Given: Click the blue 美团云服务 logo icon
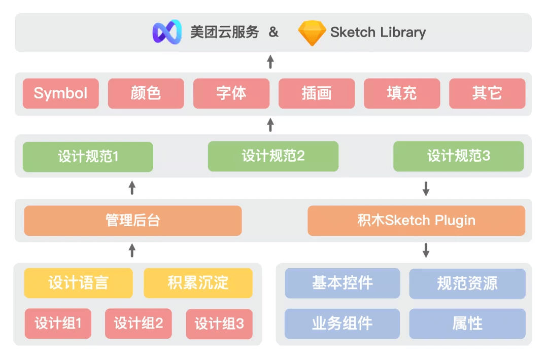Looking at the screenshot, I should (167, 32).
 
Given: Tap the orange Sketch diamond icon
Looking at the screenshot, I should (312, 33).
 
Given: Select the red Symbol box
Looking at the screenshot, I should (61, 93).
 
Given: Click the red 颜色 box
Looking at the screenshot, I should (146, 93).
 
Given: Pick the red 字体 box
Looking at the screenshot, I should (231, 93).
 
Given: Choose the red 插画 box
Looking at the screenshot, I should (317, 93).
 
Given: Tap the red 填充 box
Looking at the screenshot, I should (402, 93).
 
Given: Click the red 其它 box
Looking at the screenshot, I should (487, 93).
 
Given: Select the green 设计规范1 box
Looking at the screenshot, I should (88, 156).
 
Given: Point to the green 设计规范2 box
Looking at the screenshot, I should (273, 156).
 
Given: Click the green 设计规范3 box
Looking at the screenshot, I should (458, 156).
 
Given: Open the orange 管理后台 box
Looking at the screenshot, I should (133, 221).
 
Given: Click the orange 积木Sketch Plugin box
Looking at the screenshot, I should (416, 221).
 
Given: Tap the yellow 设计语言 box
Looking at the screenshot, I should (79, 283).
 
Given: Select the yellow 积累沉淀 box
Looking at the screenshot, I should (198, 283).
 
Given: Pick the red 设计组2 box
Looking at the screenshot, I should (139, 323).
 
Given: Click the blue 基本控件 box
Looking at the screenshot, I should (342, 283).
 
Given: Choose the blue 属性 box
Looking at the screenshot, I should (467, 323).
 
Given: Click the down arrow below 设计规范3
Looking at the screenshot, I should (426, 189).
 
